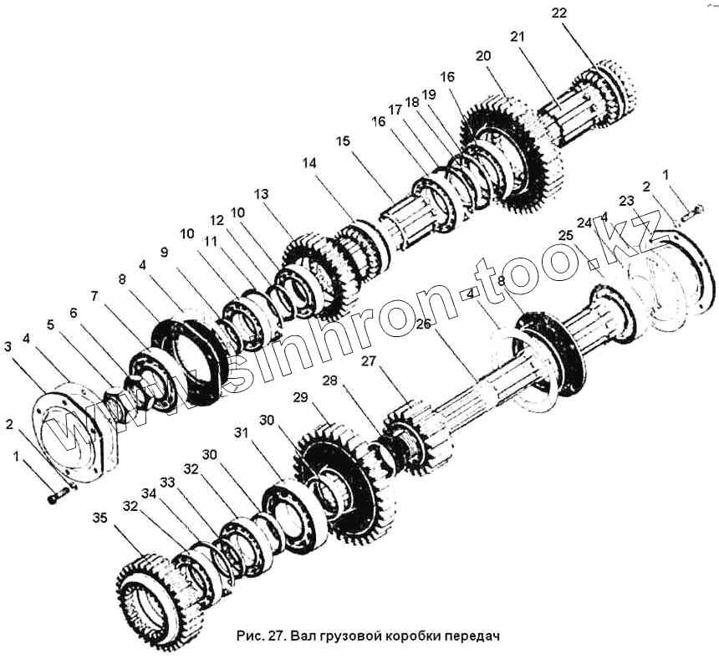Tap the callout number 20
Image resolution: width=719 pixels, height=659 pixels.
pos(483,56)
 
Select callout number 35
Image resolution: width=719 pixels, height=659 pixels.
pos(99,518)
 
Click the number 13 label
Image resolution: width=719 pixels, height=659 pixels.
pos(262,194)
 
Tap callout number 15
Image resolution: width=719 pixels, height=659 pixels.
pos(343,141)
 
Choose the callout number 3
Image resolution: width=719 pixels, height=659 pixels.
pos(8,345)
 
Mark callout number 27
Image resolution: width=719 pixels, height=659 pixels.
pos(369,361)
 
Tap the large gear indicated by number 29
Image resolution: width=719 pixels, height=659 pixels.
pos(343,485)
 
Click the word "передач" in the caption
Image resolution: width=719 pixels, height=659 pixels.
pos(471,636)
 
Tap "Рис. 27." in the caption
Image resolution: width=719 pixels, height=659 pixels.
pos(262,636)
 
